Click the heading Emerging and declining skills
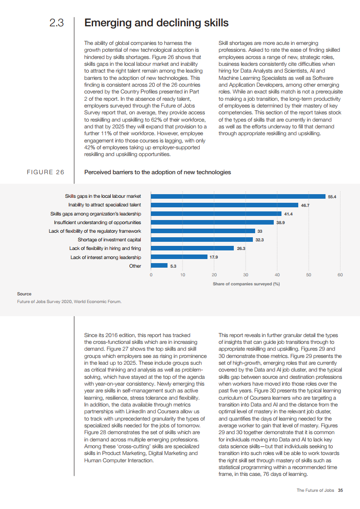[157, 23]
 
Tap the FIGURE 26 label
[45, 172]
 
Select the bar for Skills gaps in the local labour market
[238, 196]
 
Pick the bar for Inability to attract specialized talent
[224, 205]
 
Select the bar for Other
[159, 266]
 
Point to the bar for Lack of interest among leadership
[179, 257]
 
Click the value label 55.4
[332, 197]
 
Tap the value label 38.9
[280, 223]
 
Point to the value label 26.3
[241, 249]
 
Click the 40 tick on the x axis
[277, 275]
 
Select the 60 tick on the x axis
[340, 275]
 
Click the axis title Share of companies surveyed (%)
[246, 284]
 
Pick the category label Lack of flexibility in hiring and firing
[105, 249]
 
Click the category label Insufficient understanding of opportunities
[97, 223]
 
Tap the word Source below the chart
[24, 294]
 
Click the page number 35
[340, 490]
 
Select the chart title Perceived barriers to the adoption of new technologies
[158, 172]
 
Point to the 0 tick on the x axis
[151, 275]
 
